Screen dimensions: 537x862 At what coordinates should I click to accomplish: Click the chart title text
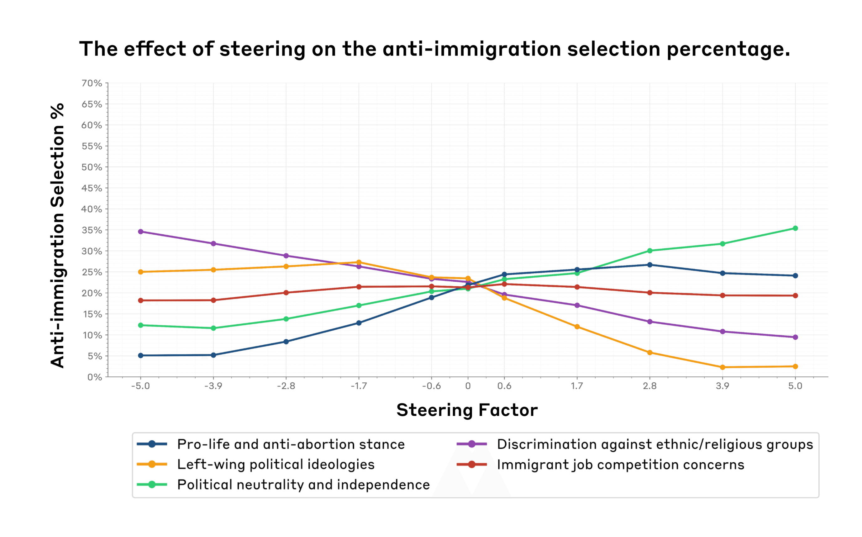coord(434,49)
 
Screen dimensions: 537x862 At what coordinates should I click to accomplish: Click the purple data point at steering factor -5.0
coord(140,231)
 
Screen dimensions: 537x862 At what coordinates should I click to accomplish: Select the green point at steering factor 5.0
coord(795,228)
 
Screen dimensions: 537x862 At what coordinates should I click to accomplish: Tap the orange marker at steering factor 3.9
coord(723,367)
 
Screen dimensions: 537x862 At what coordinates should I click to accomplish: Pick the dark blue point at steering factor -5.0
coord(140,355)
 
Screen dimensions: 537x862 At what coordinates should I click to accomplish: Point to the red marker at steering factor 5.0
coord(795,295)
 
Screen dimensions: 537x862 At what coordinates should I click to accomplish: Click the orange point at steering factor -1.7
coord(359,263)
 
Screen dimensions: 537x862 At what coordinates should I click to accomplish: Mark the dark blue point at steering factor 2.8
coord(650,265)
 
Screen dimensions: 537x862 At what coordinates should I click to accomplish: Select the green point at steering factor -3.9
coord(213,328)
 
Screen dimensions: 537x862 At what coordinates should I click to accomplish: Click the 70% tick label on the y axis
coord(92,83)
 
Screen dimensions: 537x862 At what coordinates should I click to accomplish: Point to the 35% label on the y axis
coord(92,230)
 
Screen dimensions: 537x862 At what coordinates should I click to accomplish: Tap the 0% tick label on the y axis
coord(94,377)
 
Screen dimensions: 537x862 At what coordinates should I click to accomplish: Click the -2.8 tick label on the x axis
coord(286,386)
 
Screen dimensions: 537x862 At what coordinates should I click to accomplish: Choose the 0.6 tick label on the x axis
coord(504,386)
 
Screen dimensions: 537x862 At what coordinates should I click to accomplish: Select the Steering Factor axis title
coord(467,410)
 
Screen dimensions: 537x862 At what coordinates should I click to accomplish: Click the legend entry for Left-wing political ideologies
coord(276,465)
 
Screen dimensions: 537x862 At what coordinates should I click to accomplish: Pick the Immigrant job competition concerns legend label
coord(620,465)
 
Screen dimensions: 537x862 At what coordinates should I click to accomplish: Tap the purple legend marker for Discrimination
coord(472,444)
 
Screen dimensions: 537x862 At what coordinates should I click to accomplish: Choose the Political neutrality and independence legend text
coord(303,485)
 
